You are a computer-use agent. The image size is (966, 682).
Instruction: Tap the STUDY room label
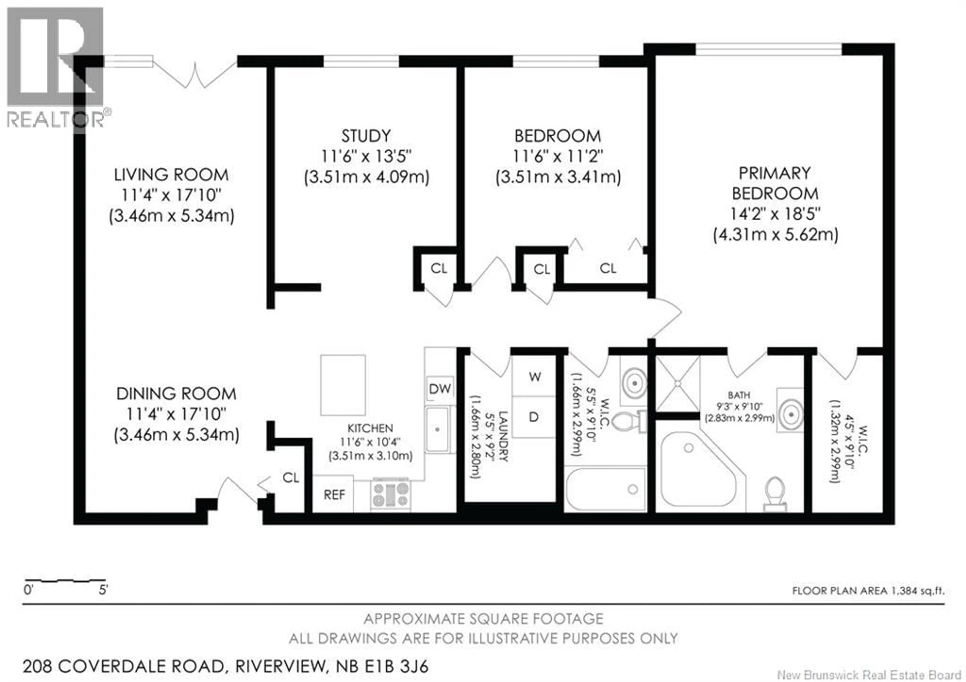(366, 136)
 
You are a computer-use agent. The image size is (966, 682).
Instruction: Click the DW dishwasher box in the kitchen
(440, 389)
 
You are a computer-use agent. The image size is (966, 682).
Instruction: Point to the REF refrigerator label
(334, 495)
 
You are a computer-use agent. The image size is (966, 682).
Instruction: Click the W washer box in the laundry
(534, 377)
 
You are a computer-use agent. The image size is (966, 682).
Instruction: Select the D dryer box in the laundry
(534, 417)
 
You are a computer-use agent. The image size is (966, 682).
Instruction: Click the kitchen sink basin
(437, 429)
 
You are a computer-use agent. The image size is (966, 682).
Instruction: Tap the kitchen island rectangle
(343, 385)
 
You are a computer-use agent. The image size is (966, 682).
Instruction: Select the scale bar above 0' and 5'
(64, 581)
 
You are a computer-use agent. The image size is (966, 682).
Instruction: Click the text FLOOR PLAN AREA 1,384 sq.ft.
(868, 591)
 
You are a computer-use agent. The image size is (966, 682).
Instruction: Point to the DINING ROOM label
(176, 394)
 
